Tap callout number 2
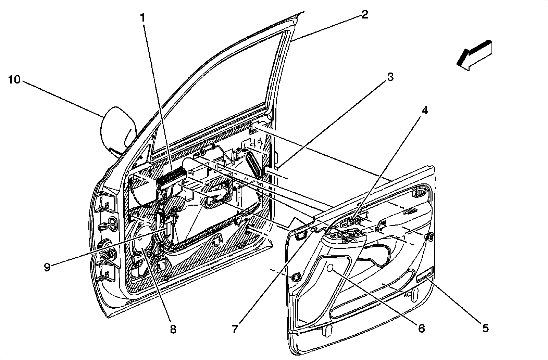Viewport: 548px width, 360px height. pos(364,15)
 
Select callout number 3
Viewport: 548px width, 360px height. pos(390,77)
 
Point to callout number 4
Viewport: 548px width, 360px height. pos(424,111)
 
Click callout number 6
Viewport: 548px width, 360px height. pos(421,329)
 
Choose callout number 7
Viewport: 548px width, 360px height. pos(235,329)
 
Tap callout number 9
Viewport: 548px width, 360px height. pos(47,267)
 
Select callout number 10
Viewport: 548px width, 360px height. pos(15,80)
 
